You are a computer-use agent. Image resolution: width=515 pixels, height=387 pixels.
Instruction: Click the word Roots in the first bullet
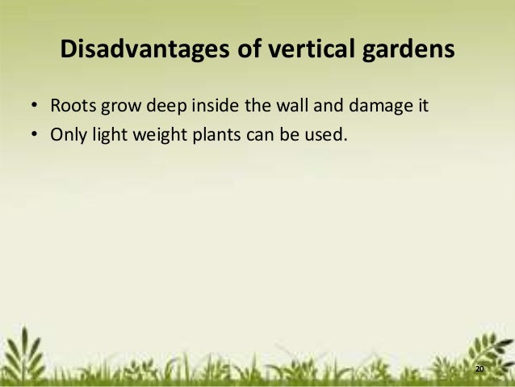tap(70, 105)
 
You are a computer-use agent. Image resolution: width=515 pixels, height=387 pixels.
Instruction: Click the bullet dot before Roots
tap(36, 106)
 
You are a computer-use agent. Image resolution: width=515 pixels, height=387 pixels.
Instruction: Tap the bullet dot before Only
tap(36, 133)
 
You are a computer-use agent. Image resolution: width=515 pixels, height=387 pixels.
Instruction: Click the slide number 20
tap(479, 368)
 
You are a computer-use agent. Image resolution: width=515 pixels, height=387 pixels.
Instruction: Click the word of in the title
tap(239, 51)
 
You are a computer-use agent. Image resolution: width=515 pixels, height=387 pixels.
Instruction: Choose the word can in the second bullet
tap(253, 133)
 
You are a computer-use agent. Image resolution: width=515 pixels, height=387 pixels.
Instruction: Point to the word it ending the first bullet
tap(421, 105)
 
